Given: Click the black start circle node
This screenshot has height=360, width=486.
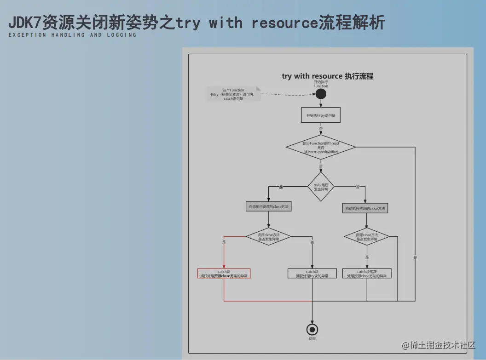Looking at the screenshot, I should click(x=321, y=94).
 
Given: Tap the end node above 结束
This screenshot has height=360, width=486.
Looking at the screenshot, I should click(x=312, y=329).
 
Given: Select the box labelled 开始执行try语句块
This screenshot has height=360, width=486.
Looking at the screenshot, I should click(x=321, y=115).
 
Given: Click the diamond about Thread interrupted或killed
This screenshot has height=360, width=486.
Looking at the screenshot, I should click(x=321, y=147).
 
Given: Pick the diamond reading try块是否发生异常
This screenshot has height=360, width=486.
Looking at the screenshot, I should click(x=321, y=187).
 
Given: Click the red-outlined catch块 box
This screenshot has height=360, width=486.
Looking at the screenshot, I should click(x=224, y=274).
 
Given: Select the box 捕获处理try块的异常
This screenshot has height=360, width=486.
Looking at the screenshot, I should click(x=312, y=274).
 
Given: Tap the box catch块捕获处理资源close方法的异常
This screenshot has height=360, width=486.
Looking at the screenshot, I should click(x=367, y=274).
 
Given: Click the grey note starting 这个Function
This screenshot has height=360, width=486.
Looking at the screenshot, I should click(x=233, y=94).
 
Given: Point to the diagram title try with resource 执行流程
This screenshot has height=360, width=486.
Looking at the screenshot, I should click(x=327, y=76).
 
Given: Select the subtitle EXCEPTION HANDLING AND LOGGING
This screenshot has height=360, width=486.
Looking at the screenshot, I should click(x=72, y=35).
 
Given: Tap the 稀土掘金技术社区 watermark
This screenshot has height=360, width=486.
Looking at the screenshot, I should click(x=439, y=345).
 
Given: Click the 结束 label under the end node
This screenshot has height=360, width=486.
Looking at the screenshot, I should click(x=312, y=339).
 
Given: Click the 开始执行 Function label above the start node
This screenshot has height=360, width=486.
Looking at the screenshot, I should click(x=321, y=84).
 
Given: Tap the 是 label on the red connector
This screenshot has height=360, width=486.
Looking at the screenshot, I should click(x=224, y=242).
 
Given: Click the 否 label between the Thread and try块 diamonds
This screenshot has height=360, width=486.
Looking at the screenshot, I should click(x=321, y=166).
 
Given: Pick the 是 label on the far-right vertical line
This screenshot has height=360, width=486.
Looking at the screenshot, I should click(x=415, y=258).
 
